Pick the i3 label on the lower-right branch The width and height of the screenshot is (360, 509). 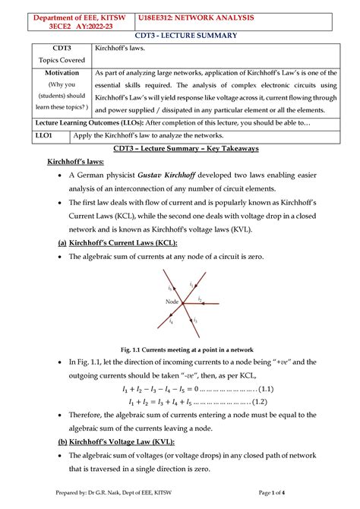pyautogui.click(x=195, y=320)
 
